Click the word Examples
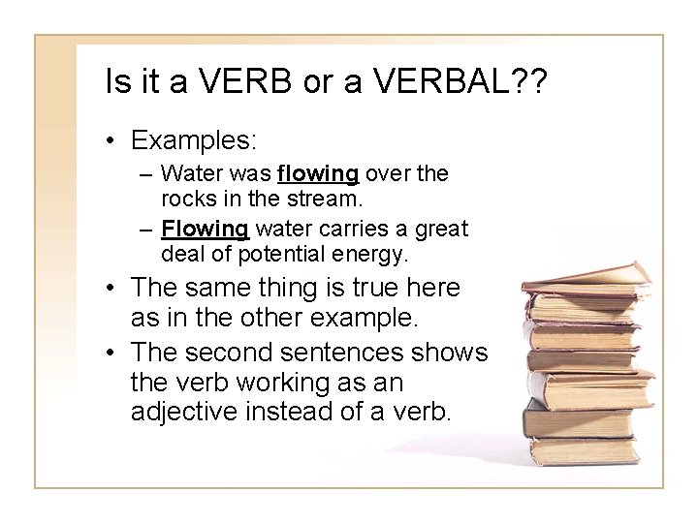click(194, 139)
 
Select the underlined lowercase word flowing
click(318, 174)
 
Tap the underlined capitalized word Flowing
click(206, 230)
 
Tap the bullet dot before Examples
click(112, 141)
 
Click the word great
click(440, 230)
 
